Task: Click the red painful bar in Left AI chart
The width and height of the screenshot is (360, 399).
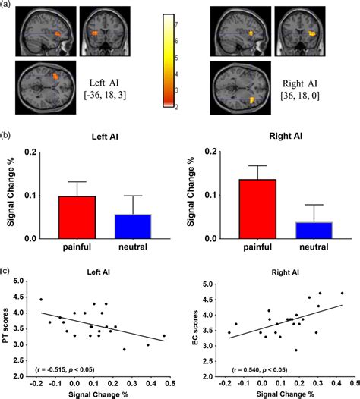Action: pos(77,217)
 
